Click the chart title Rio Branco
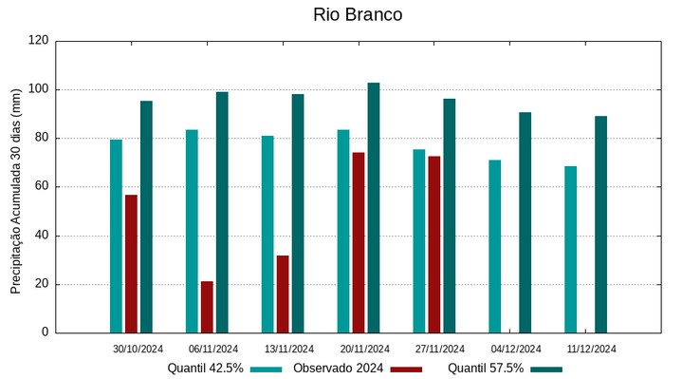[x=358, y=15]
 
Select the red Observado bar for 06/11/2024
[x=207, y=307]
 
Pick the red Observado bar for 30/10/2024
[x=131, y=263]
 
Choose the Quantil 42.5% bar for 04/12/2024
[x=495, y=246]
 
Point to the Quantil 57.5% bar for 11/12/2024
[x=601, y=224]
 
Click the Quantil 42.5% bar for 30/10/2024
[x=116, y=236]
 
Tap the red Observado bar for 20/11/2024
[x=359, y=242]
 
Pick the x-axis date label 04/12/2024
[x=516, y=349]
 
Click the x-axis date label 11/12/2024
[x=592, y=349]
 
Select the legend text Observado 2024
[x=338, y=369]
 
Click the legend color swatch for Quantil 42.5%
[x=267, y=370]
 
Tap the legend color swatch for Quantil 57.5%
[x=546, y=370]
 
